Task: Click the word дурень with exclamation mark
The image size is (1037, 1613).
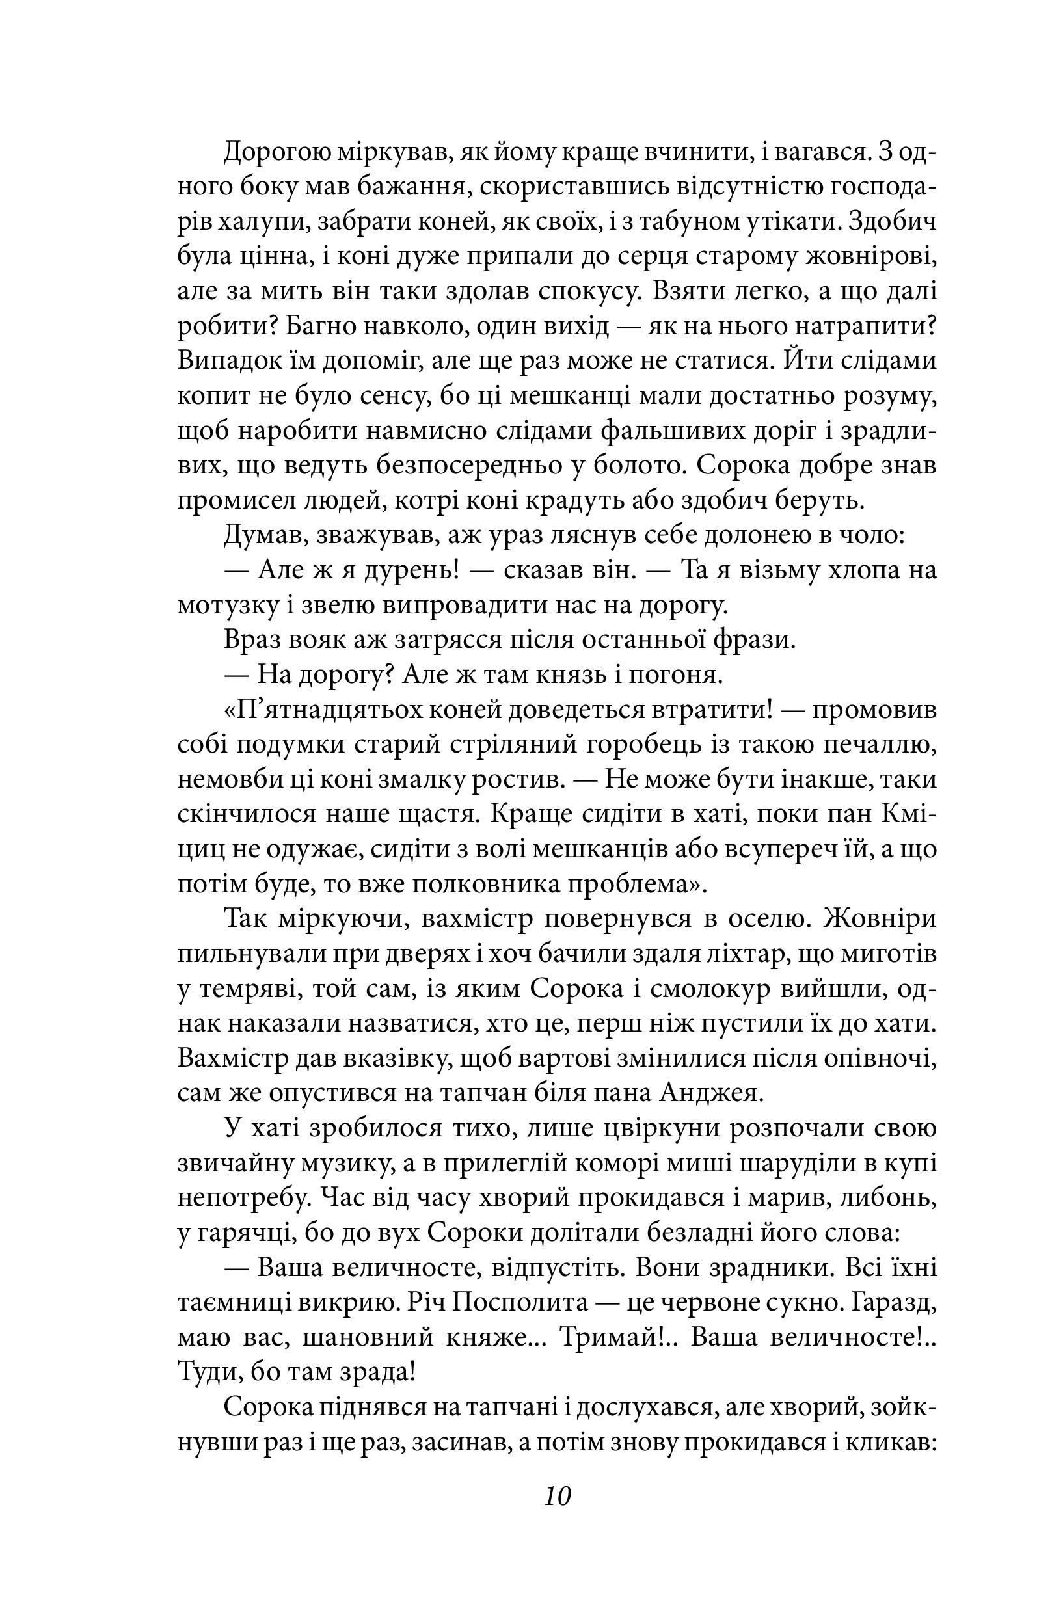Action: point(403,571)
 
